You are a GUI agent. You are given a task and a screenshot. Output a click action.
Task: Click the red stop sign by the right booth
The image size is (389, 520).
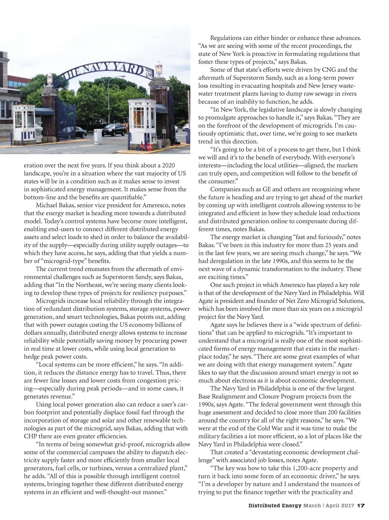pos(147,147)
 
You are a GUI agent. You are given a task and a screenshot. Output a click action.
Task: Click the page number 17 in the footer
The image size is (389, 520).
pos(361,506)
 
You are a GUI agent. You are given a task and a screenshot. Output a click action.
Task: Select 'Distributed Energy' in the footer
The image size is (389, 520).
pos(275,506)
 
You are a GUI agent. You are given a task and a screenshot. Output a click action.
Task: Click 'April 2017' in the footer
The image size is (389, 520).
pos(340,506)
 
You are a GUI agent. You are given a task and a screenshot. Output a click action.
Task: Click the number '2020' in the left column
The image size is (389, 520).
pos(168,165)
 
